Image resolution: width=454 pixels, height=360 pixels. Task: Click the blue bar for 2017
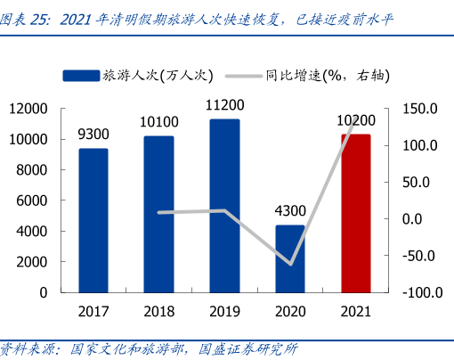coord(93,220)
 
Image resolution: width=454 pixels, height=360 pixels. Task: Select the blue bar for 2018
coord(158,214)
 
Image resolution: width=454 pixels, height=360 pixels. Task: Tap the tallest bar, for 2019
coord(224,205)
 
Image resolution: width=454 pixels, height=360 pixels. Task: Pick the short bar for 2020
coord(290,258)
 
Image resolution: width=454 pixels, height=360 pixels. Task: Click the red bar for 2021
coord(356,213)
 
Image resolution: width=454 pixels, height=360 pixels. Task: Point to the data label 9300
coord(93,135)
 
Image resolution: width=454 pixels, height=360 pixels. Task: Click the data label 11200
coord(224,105)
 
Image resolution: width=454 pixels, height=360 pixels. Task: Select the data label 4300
coord(290,211)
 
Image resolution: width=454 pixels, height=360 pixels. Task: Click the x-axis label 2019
coord(224,311)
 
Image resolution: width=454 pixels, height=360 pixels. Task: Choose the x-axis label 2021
coord(356,311)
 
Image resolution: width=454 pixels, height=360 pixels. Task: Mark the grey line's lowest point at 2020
coord(290,264)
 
